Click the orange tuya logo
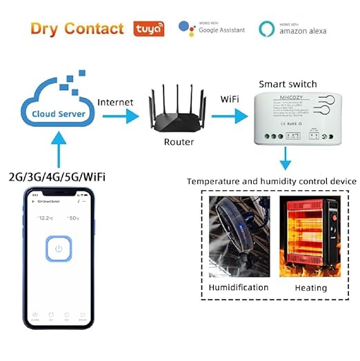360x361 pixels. [148, 28]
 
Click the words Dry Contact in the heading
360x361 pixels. [77, 28]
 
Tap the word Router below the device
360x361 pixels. [179, 143]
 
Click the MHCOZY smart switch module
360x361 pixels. [299, 117]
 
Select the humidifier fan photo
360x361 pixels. [238, 234]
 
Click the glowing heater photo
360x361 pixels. [310, 234]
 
